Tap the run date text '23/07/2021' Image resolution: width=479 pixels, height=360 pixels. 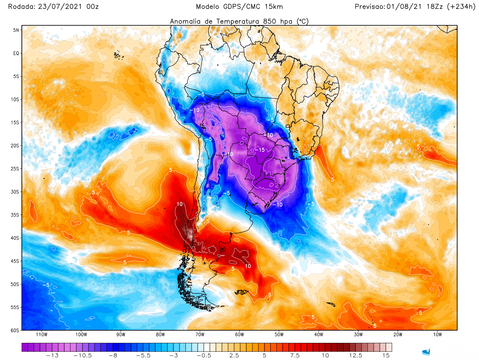pos(60,7)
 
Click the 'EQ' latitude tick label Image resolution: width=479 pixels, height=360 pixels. pos(16,53)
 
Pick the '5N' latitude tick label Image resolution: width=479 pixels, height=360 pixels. pos(16,30)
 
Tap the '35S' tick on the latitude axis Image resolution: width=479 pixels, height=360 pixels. pos(15,215)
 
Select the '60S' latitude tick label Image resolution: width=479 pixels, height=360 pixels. pos(15,330)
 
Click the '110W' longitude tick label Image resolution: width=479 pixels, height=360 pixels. pos(42,335)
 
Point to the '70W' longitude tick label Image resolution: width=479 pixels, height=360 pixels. pos(200,335)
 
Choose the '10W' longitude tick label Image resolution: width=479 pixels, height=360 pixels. pos(437,335)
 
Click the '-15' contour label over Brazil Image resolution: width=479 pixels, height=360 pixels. pos(260,150)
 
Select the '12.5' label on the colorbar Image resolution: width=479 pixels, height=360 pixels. pos(355,356)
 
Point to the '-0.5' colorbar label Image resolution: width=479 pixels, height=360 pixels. pos(204,356)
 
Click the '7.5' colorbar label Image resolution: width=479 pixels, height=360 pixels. pos(295,356)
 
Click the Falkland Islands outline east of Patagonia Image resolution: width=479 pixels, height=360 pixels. pos(241,292)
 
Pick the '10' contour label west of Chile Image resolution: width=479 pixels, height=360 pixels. pos(180,204)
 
